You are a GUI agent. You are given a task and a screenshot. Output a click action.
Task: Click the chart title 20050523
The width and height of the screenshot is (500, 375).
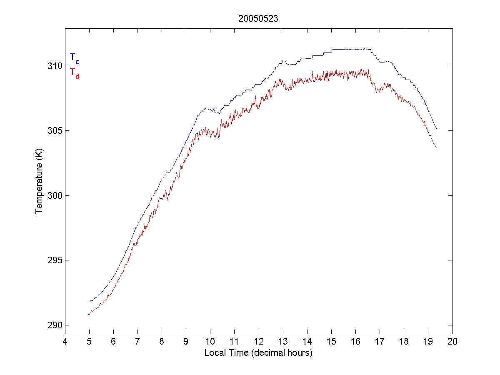[x=258, y=19]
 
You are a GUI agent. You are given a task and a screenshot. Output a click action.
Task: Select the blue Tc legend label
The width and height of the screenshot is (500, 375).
[x=74, y=58]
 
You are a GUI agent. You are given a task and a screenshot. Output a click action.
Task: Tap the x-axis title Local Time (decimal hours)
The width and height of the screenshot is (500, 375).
[x=258, y=352]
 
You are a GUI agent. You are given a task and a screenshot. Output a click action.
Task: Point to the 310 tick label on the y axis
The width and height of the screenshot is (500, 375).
[x=55, y=66]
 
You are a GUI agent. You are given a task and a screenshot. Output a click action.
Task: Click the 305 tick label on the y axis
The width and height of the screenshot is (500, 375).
[x=55, y=130]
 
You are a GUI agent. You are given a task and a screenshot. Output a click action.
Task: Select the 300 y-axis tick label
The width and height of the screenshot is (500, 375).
[x=55, y=195]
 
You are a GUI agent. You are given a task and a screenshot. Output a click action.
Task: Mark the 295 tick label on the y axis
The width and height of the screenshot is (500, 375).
[x=55, y=260]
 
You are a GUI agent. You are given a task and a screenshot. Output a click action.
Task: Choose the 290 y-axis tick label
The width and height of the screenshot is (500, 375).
[x=55, y=325]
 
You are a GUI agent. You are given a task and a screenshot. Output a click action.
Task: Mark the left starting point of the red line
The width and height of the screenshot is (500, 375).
[x=88, y=315]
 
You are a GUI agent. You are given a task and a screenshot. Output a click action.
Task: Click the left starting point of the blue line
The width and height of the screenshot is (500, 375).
[x=88, y=302]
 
